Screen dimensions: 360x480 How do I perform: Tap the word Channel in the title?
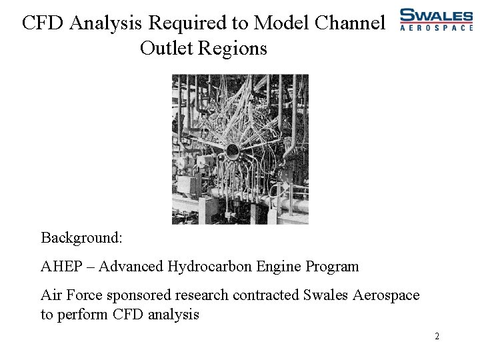coord(350,23)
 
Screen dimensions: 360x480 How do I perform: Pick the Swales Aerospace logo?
coord(435,19)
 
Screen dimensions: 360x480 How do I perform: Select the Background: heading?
coord(81,237)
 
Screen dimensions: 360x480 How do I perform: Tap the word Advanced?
coord(132,267)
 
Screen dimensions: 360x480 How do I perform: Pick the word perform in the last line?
coord(81,315)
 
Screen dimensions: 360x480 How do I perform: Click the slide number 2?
coord(437,336)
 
